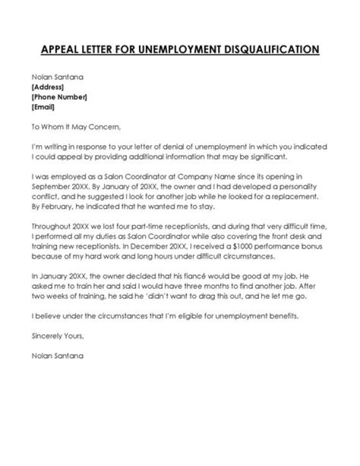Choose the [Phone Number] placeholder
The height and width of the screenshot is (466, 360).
tap(59, 97)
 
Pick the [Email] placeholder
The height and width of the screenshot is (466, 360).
tap(43, 107)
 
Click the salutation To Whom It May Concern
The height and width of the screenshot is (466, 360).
tap(76, 127)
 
